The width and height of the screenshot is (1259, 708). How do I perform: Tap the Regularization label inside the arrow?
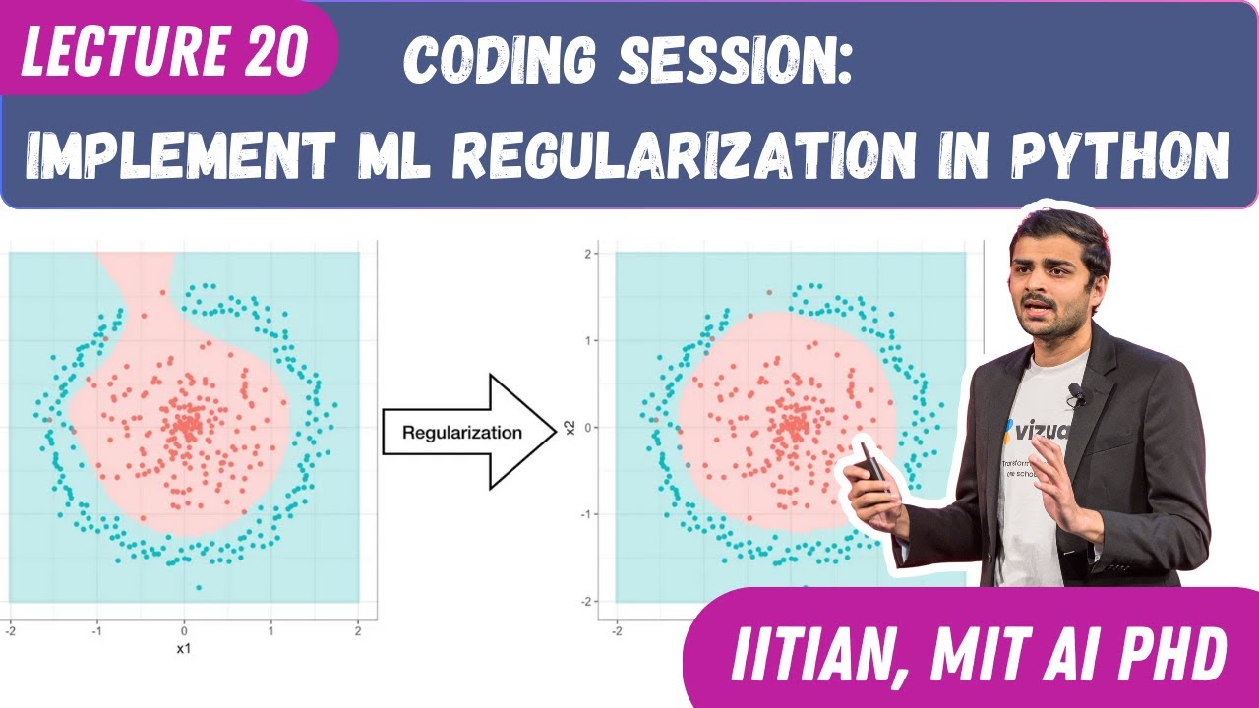coord(463,432)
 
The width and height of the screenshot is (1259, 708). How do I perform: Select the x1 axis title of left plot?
coord(183,649)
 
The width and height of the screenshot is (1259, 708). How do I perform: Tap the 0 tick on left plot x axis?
coord(183,629)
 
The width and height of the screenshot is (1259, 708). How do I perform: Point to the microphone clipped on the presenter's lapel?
coord(1076,394)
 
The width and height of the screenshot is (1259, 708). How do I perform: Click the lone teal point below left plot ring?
coord(199,587)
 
